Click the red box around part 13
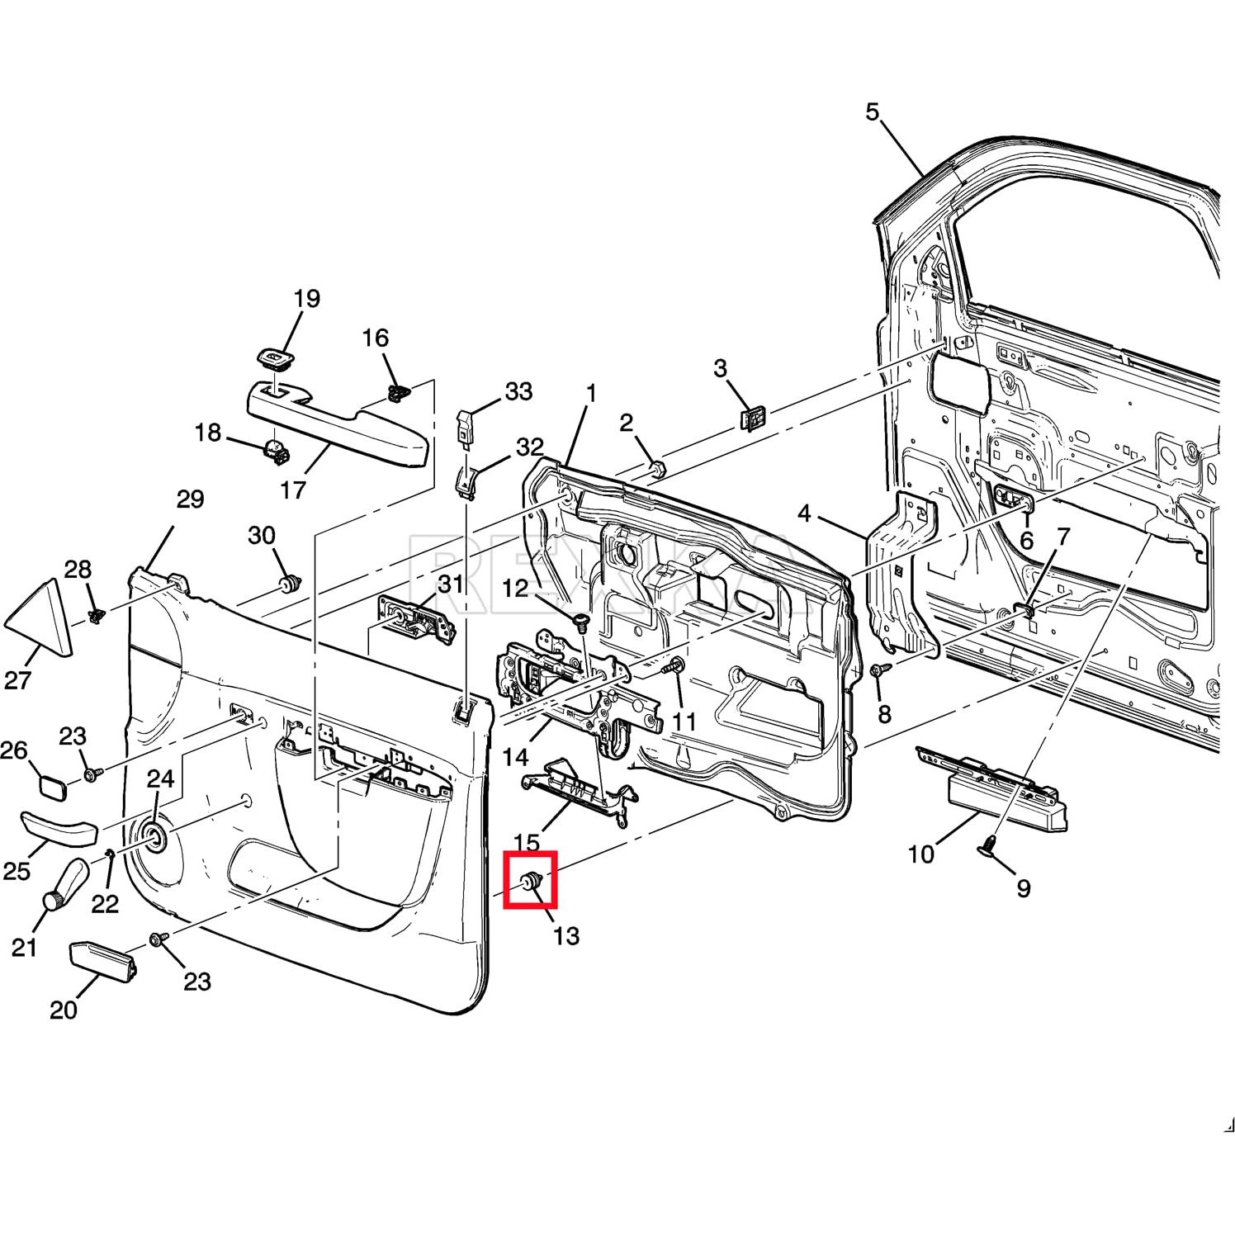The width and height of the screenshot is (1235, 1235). pyautogui.click(x=531, y=879)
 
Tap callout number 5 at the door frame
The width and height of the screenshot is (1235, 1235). pyautogui.click(x=873, y=111)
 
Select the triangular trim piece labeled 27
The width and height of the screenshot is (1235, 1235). pyautogui.click(x=40, y=617)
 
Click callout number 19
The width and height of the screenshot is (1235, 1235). pyautogui.click(x=306, y=299)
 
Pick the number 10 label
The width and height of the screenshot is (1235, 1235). pyautogui.click(x=920, y=854)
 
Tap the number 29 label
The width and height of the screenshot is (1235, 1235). pyautogui.click(x=190, y=499)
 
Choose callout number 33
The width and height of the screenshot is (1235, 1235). pyautogui.click(x=518, y=391)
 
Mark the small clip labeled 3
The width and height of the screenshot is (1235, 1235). pyautogui.click(x=751, y=419)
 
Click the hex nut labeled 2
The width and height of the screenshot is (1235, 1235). pyautogui.click(x=656, y=468)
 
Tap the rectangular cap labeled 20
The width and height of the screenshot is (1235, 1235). pyautogui.click(x=102, y=962)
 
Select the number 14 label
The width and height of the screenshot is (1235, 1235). pyautogui.click(x=515, y=756)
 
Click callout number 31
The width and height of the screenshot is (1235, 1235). pyautogui.click(x=451, y=584)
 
